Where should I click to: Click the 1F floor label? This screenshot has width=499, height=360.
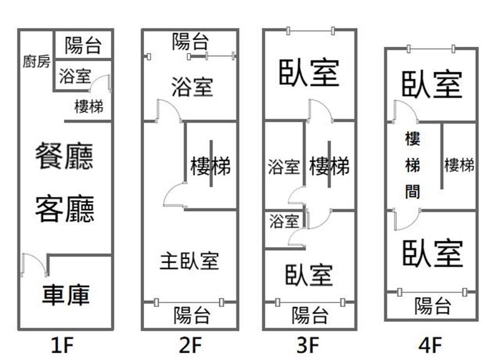(x=65, y=344)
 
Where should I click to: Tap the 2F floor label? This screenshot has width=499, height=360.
(x=190, y=344)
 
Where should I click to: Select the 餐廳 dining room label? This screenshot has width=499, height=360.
(x=65, y=155)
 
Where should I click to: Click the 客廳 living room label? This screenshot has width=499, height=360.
(x=65, y=208)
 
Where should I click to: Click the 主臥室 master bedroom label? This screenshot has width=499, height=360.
(x=190, y=260)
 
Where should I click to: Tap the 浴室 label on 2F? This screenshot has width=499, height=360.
(x=192, y=87)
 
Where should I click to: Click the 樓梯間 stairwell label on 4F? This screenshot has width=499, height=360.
(x=412, y=165)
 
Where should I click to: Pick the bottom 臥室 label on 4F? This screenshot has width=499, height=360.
(x=433, y=252)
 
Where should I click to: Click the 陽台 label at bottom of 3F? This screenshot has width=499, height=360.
(x=310, y=314)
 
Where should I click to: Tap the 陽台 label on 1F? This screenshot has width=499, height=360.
(x=83, y=44)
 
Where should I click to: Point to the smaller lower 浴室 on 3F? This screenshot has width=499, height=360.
(x=284, y=221)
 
